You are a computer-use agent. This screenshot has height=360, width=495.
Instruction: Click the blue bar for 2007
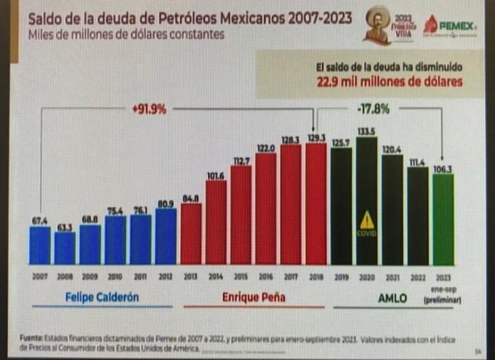point(40,244)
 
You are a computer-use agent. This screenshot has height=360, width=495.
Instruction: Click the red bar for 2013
point(191,233)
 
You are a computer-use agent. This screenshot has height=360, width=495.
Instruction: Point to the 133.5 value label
point(366,132)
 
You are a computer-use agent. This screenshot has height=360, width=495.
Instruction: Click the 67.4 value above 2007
point(40,221)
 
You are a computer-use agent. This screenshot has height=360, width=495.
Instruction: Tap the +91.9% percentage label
point(148,109)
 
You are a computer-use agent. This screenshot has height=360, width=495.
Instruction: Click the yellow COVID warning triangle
point(366,221)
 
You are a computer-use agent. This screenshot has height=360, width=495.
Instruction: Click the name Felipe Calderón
point(103,297)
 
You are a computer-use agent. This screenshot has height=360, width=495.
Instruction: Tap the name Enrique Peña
point(253,297)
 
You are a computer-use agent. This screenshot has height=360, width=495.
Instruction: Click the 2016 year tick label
point(266,278)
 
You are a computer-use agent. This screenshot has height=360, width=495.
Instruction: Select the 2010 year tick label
point(115,278)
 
